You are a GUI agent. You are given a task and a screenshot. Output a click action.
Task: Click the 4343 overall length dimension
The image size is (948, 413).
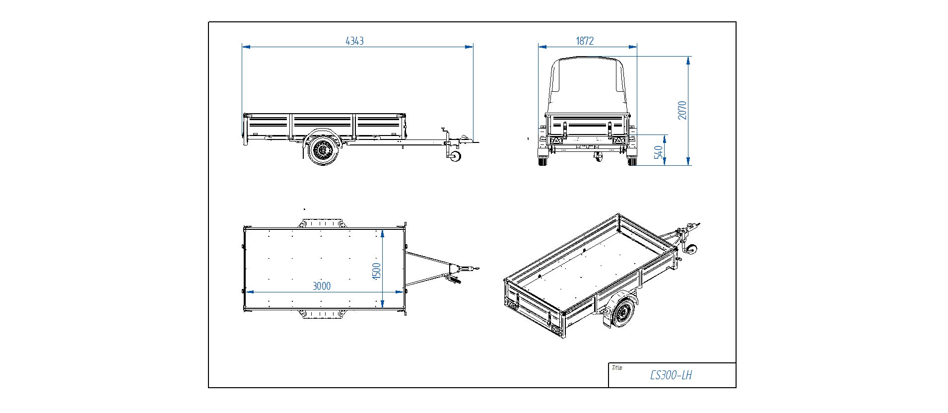click(x=354, y=41)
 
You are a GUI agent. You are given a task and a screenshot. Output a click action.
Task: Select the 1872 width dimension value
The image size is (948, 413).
click(x=585, y=41)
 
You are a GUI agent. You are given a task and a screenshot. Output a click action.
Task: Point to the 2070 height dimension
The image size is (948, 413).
click(x=682, y=110)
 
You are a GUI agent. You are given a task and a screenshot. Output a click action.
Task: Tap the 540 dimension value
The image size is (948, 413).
click(x=659, y=152)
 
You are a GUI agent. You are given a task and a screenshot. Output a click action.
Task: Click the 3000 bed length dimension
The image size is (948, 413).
click(x=321, y=286)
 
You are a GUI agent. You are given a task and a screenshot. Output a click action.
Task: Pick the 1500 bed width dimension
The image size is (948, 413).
click(x=376, y=271)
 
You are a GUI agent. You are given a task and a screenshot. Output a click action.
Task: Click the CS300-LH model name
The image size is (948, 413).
click(x=671, y=375)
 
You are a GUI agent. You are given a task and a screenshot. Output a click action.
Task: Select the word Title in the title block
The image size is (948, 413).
click(x=617, y=368)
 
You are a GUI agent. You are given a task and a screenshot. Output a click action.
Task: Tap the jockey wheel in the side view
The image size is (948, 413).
click(x=455, y=156)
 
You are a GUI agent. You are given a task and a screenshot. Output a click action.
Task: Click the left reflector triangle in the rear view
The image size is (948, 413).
click(x=555, y=140)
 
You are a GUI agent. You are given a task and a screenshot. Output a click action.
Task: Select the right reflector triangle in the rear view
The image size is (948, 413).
click(x=619, y=140)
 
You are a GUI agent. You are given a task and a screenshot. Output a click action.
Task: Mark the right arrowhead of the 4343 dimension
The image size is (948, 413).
click(x=469, y=47)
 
